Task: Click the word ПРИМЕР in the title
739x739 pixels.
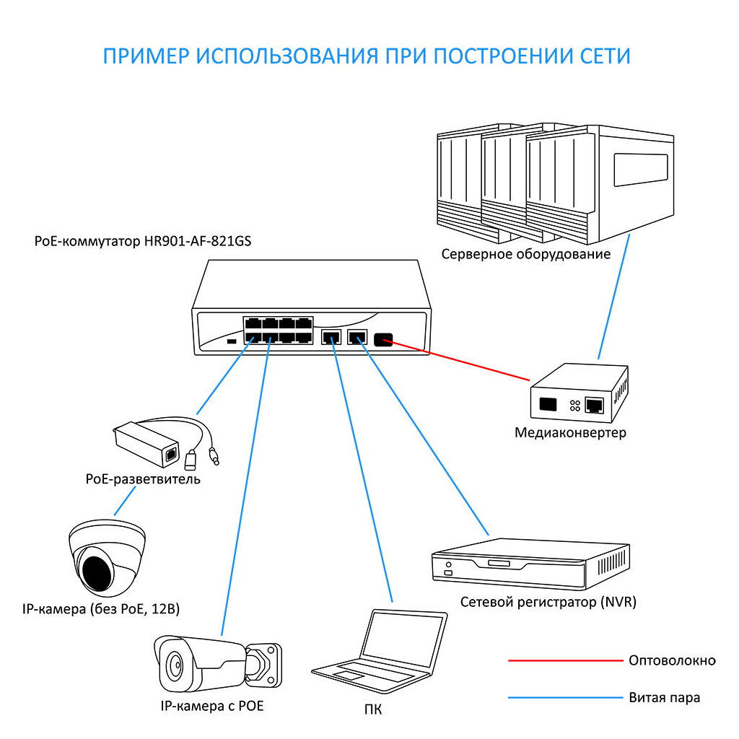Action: click(144, 56)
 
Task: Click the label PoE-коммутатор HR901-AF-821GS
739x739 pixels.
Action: click(143, 241)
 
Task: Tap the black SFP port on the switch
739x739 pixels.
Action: click(382, 338)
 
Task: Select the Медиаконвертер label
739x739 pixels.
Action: click(570, 433)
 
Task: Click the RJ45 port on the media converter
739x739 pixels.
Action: click(595, 404)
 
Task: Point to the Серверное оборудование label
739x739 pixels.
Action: click(526, 254)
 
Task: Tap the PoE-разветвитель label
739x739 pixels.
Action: click(142, 479)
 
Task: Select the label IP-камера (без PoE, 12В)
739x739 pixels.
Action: click(101, 610)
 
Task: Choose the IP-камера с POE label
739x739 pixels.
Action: click(212, 706)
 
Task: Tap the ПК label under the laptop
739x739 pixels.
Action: click(373, 710)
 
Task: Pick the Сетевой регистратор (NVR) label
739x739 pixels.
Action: click(548, 602)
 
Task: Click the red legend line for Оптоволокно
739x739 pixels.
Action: click(563, 660)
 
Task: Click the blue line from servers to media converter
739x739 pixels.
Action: click(613, 299)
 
